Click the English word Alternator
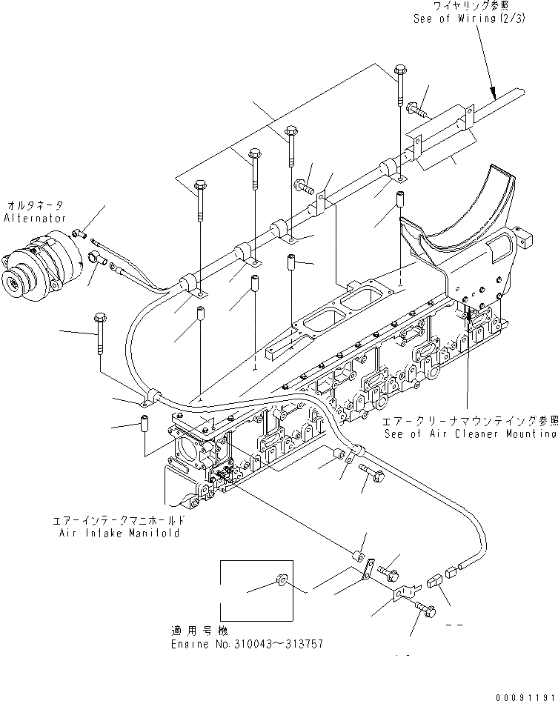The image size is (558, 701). (35, 219)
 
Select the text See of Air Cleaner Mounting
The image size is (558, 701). (470, 434)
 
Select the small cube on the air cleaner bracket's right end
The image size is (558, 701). (528, 240)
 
